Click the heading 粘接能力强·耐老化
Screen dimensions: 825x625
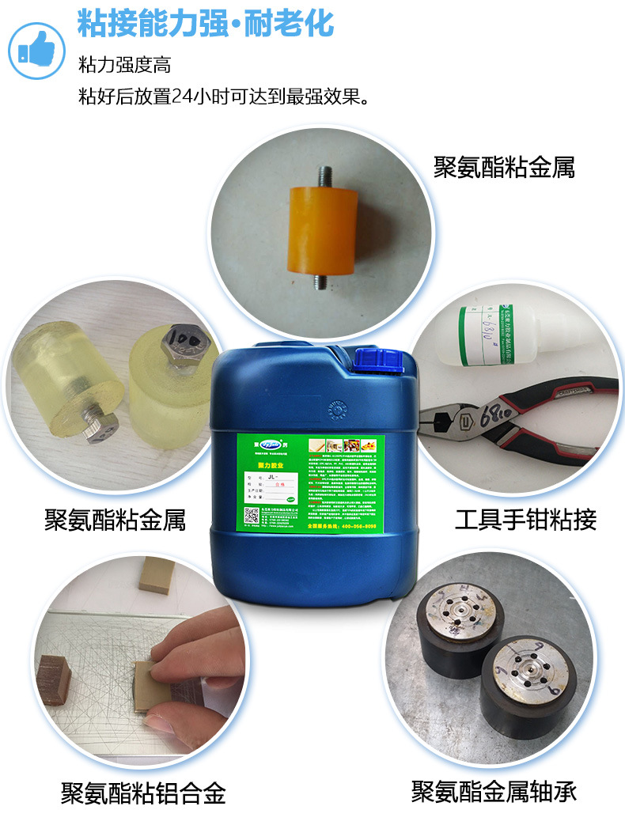205,23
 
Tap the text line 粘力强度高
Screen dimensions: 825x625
124,66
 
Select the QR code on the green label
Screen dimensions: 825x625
252,514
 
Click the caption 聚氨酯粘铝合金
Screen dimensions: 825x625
144,792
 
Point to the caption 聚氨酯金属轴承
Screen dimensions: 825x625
494,791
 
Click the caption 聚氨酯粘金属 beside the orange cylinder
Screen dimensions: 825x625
504,167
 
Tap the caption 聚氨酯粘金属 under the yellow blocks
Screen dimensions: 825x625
116,520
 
